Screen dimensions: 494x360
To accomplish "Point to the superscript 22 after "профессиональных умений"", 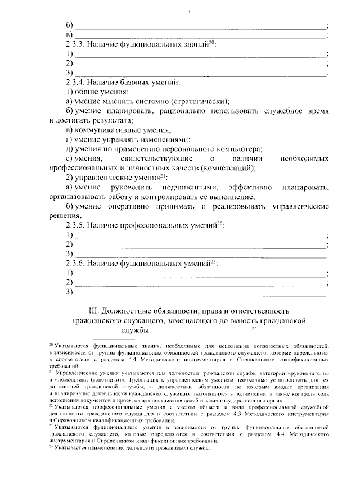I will point(221,223).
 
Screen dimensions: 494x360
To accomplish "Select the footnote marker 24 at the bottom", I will point(51,447).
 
